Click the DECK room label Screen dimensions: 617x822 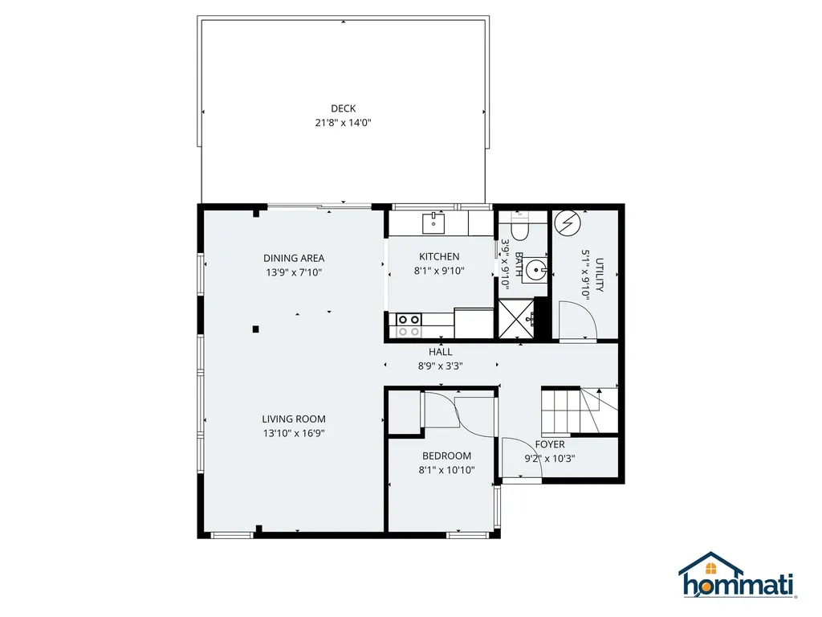point(343,108)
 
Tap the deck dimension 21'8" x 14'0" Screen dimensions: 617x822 point(343,123)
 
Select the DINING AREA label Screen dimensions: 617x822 point(294,258)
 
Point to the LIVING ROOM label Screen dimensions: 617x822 point(294,419)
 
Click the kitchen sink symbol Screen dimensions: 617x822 point(433,221)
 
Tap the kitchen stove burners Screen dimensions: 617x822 point(409,324)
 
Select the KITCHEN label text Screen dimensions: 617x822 point(439,256)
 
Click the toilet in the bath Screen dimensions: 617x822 point(518,229)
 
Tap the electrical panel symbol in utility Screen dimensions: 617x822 point(568,223)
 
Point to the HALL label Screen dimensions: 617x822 point(440,351)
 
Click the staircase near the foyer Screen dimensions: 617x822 point(579,410)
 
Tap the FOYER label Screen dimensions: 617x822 point(550,444)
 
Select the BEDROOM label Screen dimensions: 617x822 point(446,456)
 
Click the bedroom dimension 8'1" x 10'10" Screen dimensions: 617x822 point(446,470)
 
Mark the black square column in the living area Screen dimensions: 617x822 point(255,328)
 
